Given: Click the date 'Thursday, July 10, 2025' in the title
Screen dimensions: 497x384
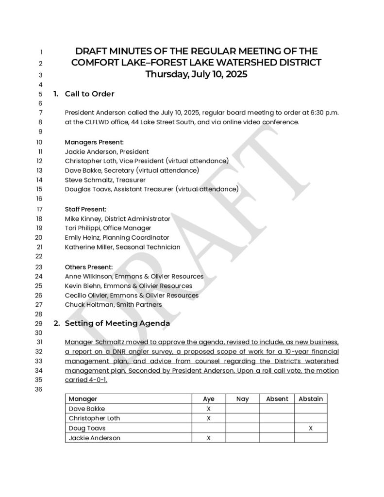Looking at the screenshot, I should [196, 75].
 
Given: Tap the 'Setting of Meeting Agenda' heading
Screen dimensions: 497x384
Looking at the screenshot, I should [117, 323].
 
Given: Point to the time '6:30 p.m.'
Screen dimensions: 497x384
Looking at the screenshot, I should [323, 113].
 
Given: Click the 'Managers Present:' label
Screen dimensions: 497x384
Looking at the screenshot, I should [94, 142].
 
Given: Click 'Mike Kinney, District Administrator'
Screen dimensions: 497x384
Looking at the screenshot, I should [117, 219].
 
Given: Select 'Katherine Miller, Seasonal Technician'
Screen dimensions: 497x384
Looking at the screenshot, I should [122, 247].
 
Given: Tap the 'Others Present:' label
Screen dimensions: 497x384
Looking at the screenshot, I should [89, 267].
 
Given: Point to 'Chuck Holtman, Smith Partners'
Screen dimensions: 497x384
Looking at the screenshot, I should [113, 305].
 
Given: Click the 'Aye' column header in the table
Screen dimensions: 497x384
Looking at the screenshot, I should [208, 399].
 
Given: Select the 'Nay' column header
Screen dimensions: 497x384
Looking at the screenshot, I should [242, 399].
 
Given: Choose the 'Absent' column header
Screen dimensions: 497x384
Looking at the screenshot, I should [277, 399].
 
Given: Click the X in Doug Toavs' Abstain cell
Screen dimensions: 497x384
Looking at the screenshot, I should [310, 428].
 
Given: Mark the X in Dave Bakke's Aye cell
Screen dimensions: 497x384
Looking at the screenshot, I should [208, 409].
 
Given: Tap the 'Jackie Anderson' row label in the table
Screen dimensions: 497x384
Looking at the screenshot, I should [94, 438].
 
